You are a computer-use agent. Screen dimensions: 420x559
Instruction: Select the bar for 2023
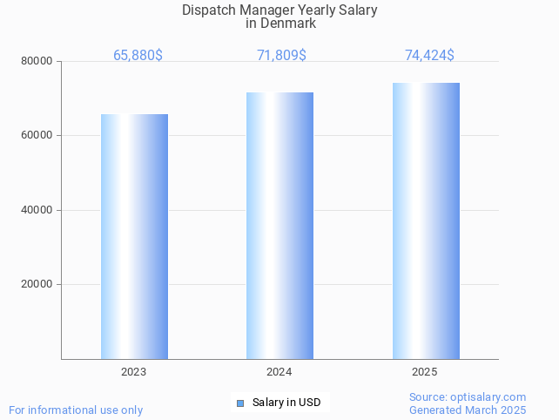[x=134, y=236]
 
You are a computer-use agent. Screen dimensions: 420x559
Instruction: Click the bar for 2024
[x=279, y=226]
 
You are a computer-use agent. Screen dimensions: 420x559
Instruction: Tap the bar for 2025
[x=426, y=220]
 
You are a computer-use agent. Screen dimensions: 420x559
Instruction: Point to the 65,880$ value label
[x=138, y=56]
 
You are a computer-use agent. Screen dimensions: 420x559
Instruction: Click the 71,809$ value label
[x=281, y=56]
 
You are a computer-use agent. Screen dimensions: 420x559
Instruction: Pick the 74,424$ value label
[x=429, y=56]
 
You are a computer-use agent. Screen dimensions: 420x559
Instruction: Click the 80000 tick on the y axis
[x=37, y=61]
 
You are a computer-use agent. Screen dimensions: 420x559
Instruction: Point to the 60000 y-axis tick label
[x=37, y=136]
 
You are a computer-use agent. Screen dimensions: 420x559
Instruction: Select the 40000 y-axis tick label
[x=37, y=210]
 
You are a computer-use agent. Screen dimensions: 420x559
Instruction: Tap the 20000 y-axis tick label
[x=37, y=284]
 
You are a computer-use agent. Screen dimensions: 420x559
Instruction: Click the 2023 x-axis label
[x=134, y=372]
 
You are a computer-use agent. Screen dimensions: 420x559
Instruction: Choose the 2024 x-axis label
[x=279, y=372]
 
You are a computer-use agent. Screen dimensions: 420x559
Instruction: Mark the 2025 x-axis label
[x=425, y=372]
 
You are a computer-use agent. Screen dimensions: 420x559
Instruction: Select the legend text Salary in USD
[x=286, y=403]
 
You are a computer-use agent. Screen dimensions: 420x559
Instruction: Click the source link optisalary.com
[x=488, y=396]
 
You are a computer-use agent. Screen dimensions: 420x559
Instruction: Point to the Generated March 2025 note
[x=468, y=410]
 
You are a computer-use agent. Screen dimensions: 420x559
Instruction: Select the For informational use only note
[x=76, y=410]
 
